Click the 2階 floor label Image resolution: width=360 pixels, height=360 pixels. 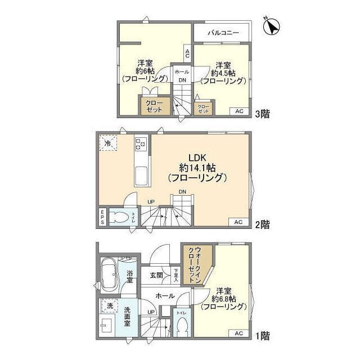point(262,224)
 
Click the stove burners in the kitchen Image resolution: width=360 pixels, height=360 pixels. point(141,144)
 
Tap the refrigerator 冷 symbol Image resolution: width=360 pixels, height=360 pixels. point(107,143)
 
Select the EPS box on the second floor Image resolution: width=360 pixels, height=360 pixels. point(102,218)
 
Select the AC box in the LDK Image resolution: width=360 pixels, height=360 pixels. point(238,222)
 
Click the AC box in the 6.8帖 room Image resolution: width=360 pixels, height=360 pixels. point(238,333)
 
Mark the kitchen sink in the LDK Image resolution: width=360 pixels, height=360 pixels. point(141,178)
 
